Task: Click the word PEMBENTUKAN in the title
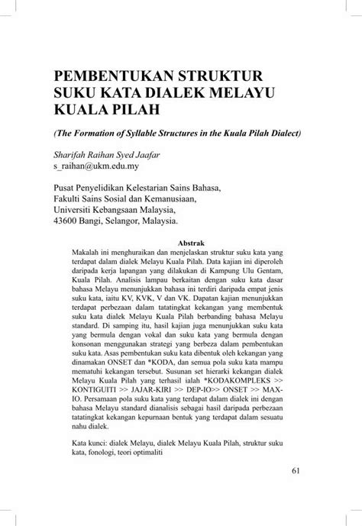[x=108, y=76]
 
